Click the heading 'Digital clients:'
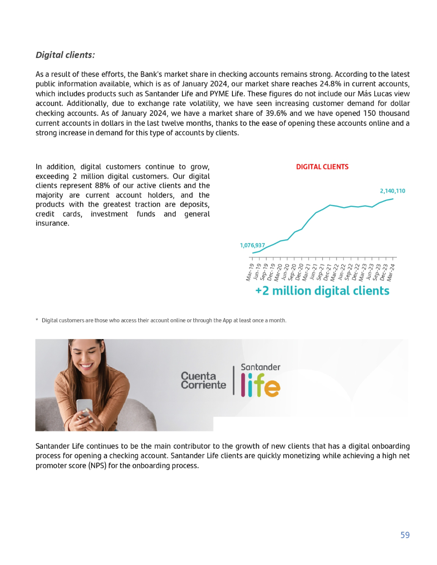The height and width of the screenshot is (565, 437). tap(65, 55)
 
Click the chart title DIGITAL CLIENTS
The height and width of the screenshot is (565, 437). tap(322, 167)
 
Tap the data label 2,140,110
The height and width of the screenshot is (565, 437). tap(392, 191)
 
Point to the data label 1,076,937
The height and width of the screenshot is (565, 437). tap(252, 245)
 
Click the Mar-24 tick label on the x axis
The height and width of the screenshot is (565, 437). tap(391, 272)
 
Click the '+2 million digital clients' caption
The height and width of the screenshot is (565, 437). tap(322, 291)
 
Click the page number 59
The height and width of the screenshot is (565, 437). tap(404, 535)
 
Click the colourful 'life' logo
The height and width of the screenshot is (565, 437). tap(260, 386)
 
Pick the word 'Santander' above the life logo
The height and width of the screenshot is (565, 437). tap(260, 367)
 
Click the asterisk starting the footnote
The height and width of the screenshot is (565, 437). tap(37, 321)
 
